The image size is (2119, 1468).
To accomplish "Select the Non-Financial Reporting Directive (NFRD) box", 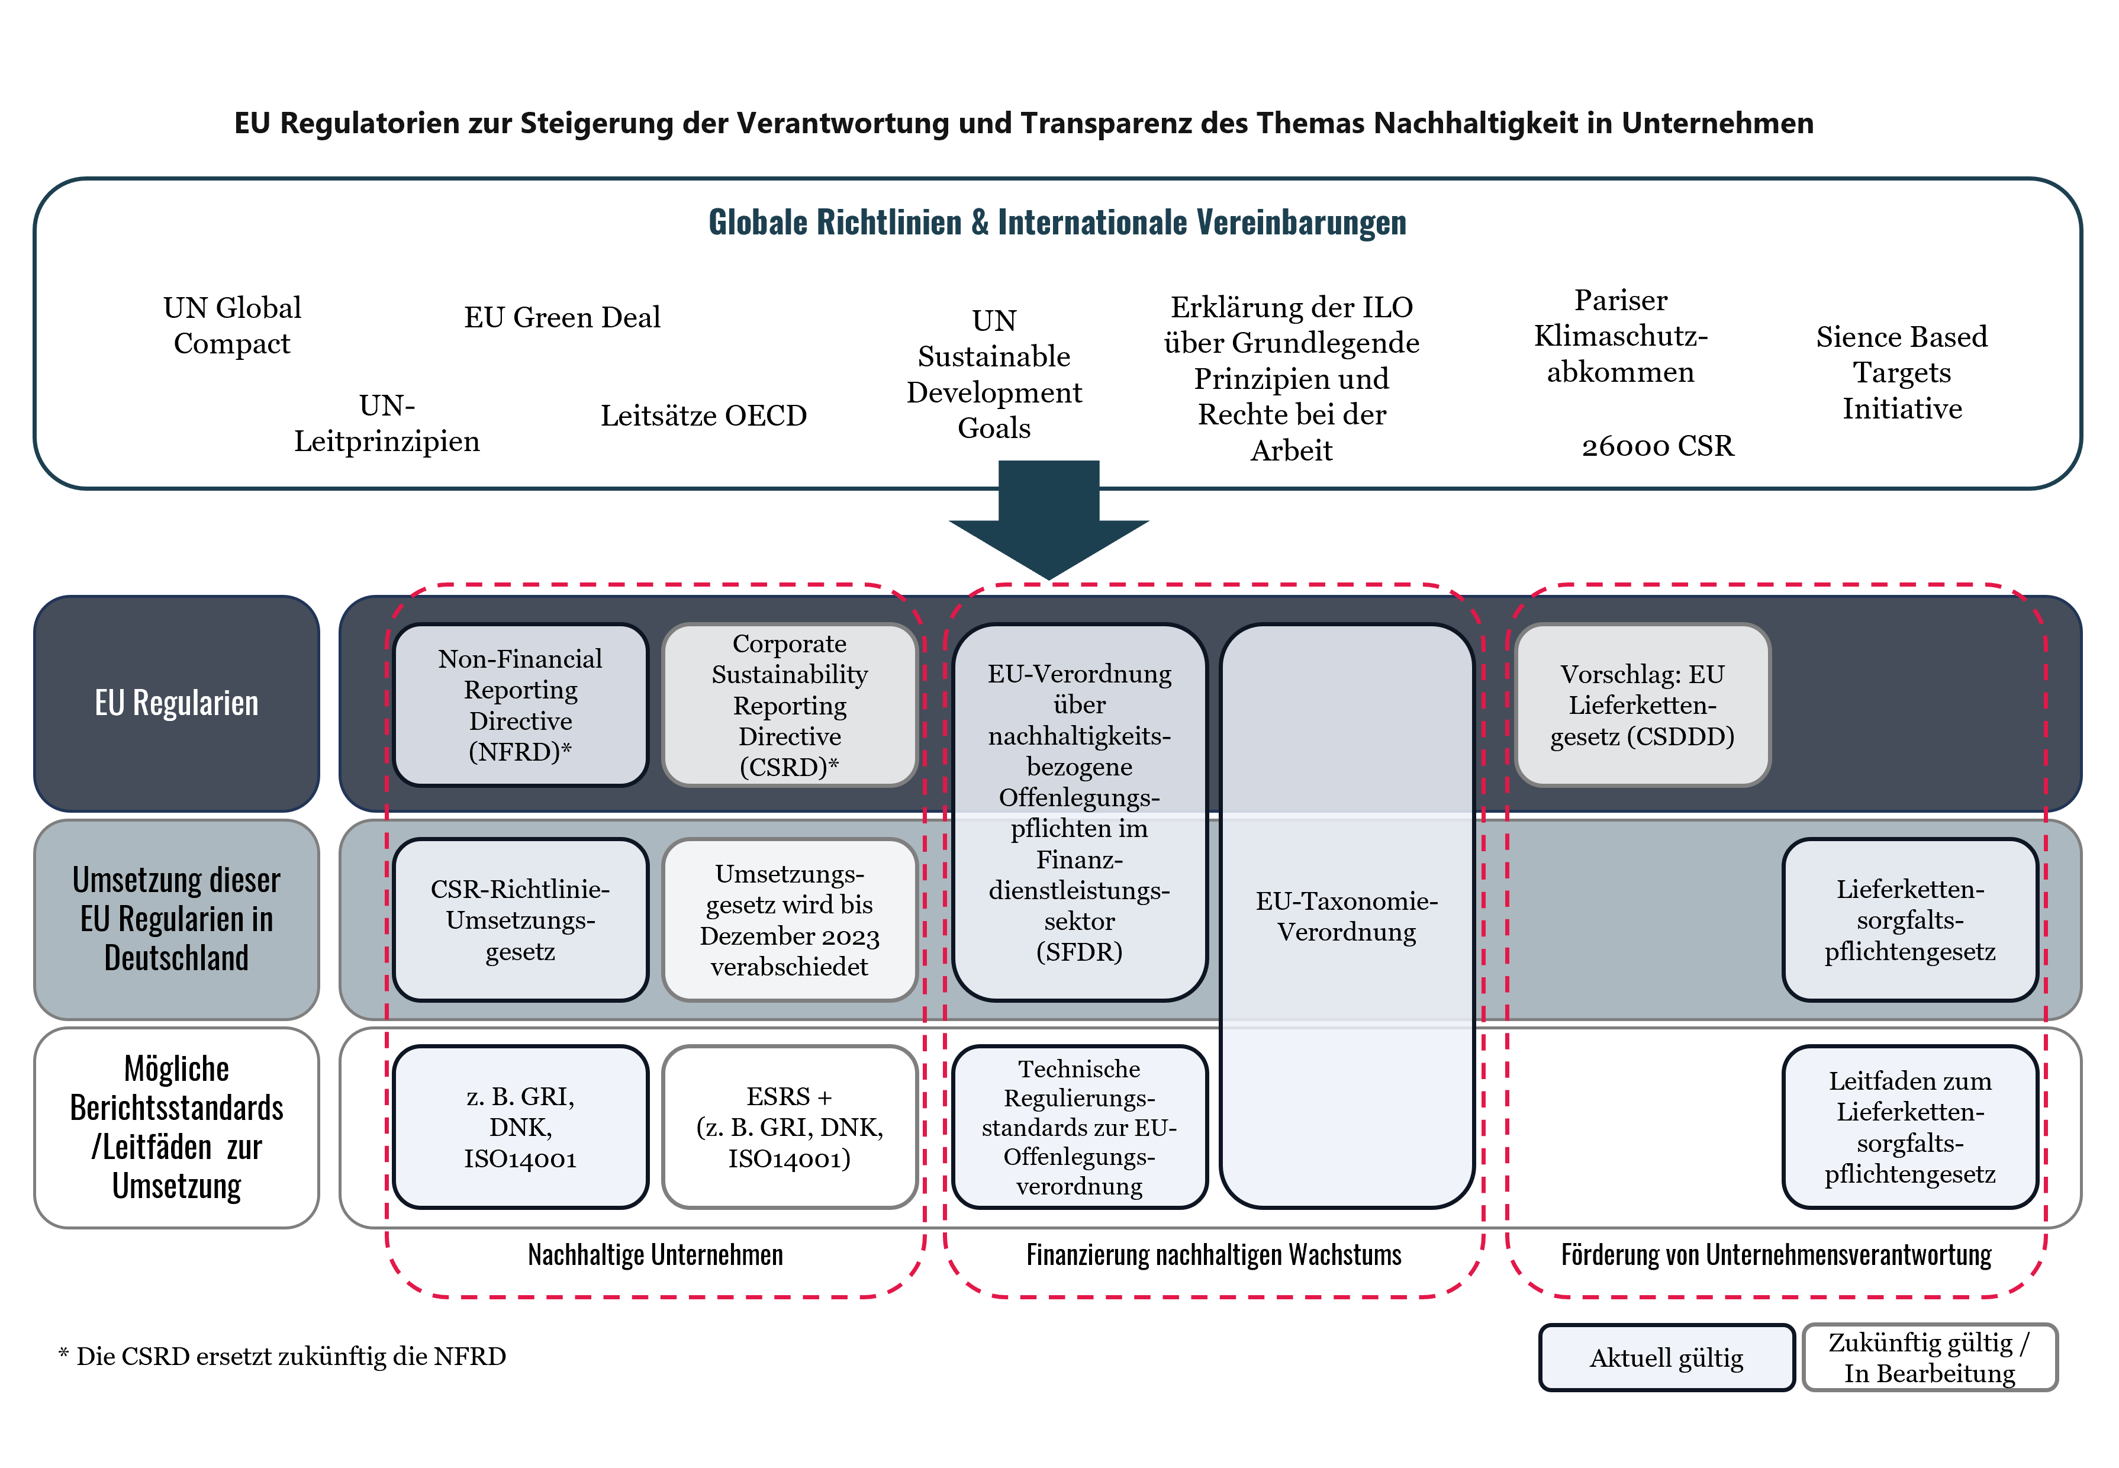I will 520,704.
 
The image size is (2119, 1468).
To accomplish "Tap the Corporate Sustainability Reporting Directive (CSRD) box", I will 789,704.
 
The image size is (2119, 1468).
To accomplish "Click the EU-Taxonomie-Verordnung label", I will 1347,916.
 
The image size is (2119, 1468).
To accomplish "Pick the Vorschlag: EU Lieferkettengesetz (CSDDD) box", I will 1642,704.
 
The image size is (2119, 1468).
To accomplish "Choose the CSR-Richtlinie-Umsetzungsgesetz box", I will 520,920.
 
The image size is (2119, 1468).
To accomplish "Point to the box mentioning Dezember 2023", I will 789,920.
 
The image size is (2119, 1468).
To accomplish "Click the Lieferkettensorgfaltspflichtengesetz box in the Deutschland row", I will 1909,920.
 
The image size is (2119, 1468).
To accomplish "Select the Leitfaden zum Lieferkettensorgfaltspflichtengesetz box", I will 1909,1127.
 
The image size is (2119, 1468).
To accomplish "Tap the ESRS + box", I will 789,1127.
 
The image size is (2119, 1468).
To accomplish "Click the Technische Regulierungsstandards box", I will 1079,1127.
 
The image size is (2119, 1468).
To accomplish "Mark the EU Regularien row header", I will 176,703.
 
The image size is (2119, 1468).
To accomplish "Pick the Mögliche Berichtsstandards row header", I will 176,1127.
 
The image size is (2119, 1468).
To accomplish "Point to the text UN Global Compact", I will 232,325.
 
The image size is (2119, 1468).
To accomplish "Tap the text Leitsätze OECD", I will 704,416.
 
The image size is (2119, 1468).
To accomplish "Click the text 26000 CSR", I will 1657,446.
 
